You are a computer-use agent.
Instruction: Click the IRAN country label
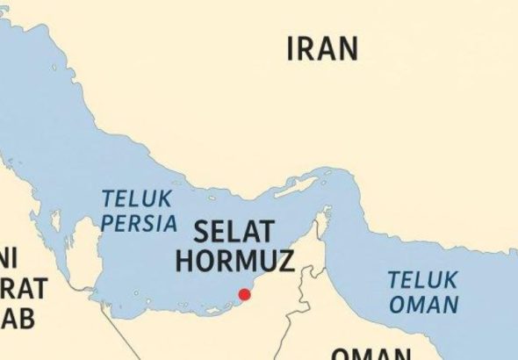tap(322, 49)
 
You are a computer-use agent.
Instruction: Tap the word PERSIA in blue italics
tap(139, 223)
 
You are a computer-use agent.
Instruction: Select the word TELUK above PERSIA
tap(136, 198)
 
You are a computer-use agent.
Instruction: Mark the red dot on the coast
tap(245, 294)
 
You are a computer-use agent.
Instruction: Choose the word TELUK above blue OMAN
tap(422, 281)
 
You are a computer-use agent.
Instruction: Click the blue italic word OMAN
tap(425, 305)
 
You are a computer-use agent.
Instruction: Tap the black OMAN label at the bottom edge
tap(370, 354)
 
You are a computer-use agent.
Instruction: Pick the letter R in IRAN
tap(306, 49)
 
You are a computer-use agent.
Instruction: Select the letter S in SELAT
tap(201, 232)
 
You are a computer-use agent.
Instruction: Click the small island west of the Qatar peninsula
tap(54, 226)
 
